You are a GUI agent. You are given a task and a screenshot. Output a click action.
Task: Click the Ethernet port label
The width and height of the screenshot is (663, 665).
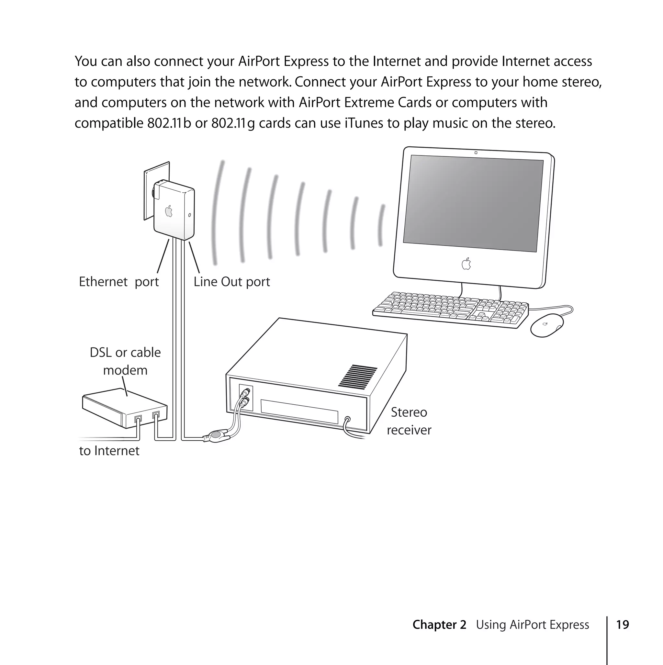point(119,282)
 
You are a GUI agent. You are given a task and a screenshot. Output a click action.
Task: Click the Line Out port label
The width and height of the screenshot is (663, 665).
point(232,282)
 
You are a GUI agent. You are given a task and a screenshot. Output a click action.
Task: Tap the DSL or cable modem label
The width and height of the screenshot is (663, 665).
point(125,361)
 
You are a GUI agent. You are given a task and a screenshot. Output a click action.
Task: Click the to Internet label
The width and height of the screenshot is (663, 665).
point(109,451)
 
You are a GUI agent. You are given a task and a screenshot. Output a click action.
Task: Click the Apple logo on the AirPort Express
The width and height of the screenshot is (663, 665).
point(169,211)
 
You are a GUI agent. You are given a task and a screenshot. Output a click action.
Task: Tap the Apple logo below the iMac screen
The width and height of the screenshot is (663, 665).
point(466,264)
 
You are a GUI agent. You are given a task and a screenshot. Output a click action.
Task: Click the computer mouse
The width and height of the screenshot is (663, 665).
point(547,325)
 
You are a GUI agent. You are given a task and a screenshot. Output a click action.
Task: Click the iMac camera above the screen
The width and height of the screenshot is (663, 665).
point(476,152)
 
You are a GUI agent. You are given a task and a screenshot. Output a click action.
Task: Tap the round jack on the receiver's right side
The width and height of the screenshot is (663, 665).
point(348,420)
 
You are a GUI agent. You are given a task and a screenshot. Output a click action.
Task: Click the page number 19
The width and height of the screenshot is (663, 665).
point(623,625)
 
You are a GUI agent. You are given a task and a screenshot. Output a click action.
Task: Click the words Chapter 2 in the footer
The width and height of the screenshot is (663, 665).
point(439,625)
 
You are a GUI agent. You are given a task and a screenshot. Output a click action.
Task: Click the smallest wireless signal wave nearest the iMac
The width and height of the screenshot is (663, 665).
point(381,225)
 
